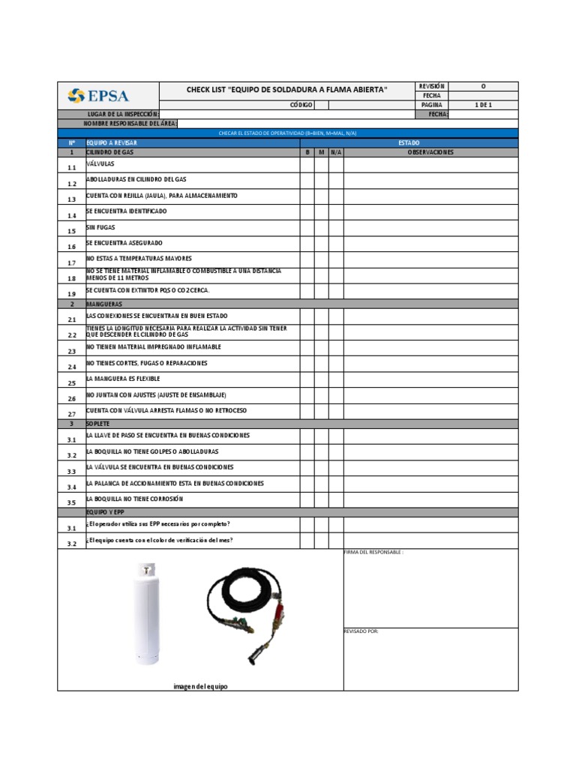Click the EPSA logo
tap(98, 95)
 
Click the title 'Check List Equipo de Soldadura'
tap(286, 91)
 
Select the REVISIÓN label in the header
tap(432, 86)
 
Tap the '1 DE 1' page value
tap(483, 106)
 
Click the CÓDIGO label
tap(301, 106)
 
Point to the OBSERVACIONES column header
tap(430, 152)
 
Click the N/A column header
tap(336, 152)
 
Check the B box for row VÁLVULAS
tap(307, 165)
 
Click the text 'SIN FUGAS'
tap(101, 227)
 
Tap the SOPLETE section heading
tap(98, 424)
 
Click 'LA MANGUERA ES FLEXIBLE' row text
tap(124, 379)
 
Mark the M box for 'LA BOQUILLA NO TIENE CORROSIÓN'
tap(321, 500)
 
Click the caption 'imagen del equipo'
tap(200, 686)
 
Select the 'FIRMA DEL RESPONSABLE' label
tap(373, 552)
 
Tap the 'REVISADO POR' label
tap(361, 631)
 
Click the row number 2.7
tap(72, 414)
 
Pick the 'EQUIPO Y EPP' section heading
tap(105, 512)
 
